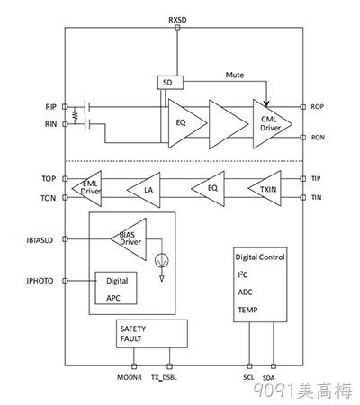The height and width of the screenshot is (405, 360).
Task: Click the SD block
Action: coord(170,83)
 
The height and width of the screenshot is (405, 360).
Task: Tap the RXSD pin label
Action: coord(177,20)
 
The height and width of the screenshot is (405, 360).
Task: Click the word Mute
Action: coord(235,75)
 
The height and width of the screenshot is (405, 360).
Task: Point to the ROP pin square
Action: coord(303,107)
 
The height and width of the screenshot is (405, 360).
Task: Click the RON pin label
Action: coord(318,138)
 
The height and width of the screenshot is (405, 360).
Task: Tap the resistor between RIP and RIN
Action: coord(75,115)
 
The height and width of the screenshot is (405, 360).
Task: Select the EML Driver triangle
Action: coord(86,189)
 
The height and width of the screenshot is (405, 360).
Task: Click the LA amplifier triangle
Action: coord(144,190)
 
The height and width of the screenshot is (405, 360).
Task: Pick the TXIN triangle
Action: coord(265,188)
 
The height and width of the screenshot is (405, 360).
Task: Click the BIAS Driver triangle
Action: coord(129,239)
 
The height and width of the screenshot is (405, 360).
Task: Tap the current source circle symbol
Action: coord(162,260)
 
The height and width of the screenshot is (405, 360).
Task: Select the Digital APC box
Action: coord(116,288)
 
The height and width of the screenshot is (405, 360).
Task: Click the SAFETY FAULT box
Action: coord(152,334)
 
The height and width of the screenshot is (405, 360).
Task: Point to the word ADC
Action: coord(245,292)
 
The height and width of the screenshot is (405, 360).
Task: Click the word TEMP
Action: coord(247,310)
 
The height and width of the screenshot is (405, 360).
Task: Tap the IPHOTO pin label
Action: coord(40,281)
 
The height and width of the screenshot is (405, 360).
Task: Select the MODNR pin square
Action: coord(134,366)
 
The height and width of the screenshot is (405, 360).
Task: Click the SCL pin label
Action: coord(248,377)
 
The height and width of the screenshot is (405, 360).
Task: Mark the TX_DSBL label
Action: coord(164,378)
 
